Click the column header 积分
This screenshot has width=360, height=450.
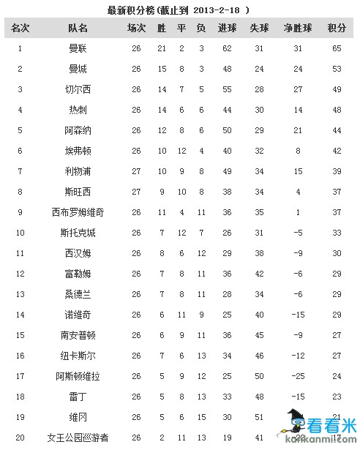click(x=337, y=29)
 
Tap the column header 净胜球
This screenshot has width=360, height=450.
click(x=298, y=29)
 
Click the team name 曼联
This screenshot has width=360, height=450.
click(x=77, y=48)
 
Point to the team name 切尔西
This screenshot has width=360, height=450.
click(x=77, y=89)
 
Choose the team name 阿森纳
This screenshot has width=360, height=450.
click(x=77, y=130)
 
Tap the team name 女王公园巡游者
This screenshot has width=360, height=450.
click(x=77, y=438)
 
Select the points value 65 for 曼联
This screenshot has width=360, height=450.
click(x=337, y=48)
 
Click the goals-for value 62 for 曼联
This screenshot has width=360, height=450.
click(x=227, y=48)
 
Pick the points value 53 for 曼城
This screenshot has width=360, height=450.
click(x=337, y=69)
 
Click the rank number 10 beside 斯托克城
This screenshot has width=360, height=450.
click(x=20, y=233)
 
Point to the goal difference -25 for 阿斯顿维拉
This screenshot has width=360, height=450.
click(x=298, y=376)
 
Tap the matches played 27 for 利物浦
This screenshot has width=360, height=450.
click(x=136, y=171)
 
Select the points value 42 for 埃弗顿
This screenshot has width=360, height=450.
click(x=337, y=151)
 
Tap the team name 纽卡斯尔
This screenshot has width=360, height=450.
click(x=77, y=356)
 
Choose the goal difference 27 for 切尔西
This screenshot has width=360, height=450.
click(x=298, y=89)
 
